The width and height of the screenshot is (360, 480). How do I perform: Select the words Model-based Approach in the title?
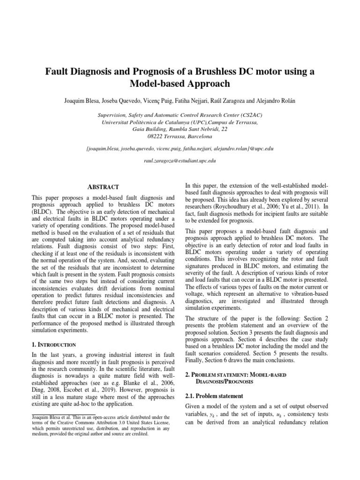[x=180, y=84]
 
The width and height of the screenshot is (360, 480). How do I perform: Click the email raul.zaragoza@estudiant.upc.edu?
[x=180, y=160]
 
